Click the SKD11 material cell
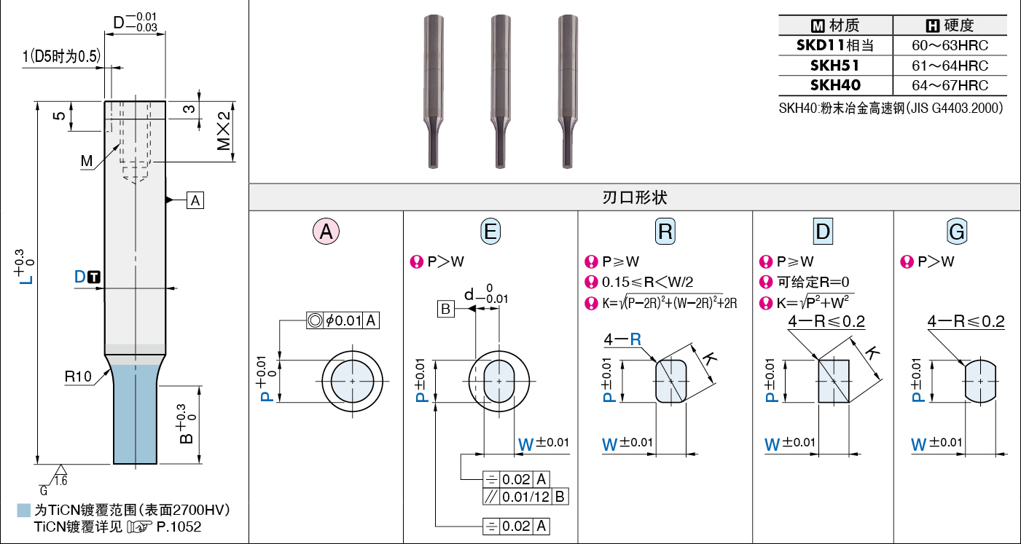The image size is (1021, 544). [835, 45]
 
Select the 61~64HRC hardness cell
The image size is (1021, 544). [950, 66]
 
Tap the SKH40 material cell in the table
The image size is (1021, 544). [835, 85]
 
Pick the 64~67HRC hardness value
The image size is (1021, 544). [950, 85]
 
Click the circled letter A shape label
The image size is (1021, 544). [326, 232]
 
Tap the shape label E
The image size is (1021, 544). [490, 232]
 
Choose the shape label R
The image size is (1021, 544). [665, 232]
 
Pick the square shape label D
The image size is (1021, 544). [823, 232]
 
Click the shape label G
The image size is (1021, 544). [957, 232]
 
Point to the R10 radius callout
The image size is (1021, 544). [77, 377]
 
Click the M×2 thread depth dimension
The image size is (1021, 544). [225, 131]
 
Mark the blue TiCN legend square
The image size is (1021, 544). [24, 511]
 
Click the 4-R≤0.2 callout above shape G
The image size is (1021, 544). [966, 321]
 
